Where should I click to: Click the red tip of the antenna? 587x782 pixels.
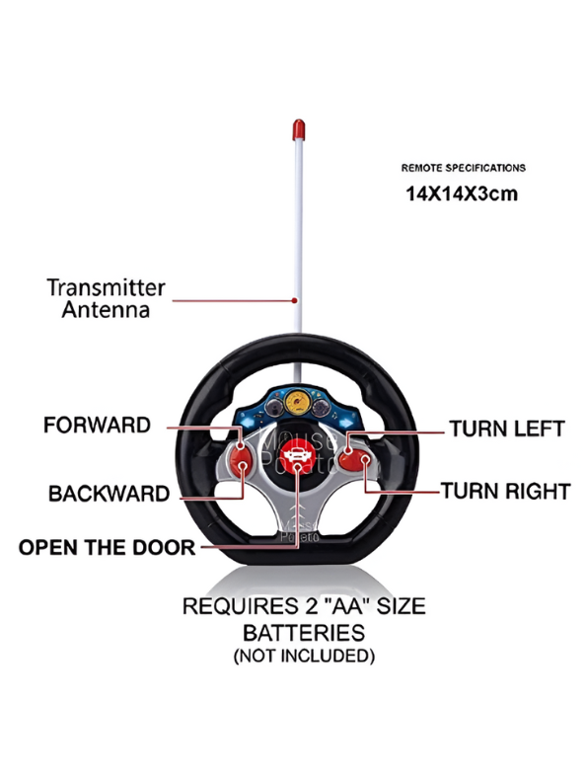pyautogui.click(x=298, y=129)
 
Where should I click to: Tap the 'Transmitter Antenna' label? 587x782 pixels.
pyautogui.click(x=106, y=298)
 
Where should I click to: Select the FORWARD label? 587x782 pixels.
pyautogui.click(x=97, y=426)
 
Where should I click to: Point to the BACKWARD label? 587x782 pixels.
pyautogui.click(x=109, y=494)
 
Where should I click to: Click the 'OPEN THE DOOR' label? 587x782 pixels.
pyautogui.click(x=107, y=546)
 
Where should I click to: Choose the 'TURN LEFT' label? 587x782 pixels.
pyautogui.click(x=506, y=429)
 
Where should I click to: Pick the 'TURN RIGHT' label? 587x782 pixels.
pyautogui.click(x=505, y=490)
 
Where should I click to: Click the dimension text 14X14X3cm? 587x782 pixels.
pyautogui.click(x=461, y=194)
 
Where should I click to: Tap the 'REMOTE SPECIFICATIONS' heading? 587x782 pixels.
pyautogui.click(x=463, y=168)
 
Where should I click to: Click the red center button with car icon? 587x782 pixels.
pyautogui.click(x=295, y=457)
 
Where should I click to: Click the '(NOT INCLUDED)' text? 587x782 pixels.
pyautogui.click(x=303, y=656)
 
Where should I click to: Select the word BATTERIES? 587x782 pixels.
pyautogui.click(x=303, y=632)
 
